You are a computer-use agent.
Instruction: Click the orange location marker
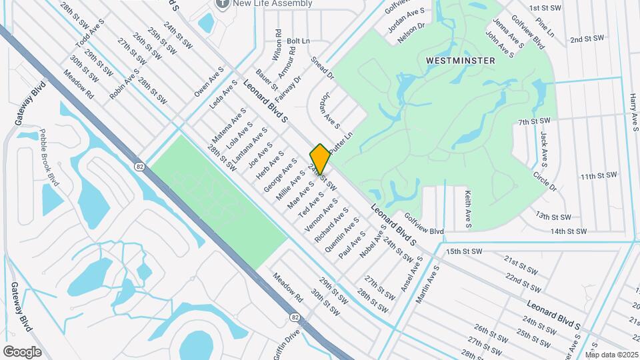pyautogui.click(x=320, y=159)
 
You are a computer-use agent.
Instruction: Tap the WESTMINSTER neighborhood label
pyautogui.click(x=461, y=61)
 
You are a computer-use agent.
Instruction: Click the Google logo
pyautogui.click(x=22, y=351)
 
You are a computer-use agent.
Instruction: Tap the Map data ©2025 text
pyautogui.click(x=611, y=355)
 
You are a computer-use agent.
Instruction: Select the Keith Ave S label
pyautogui.click(x=468, y=209)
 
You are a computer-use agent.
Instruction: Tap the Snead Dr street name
pyautogui.click(x=322, y=69)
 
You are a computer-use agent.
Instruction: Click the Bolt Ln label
pyautogui.click(x=298, y=41)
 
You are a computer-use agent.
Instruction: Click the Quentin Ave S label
pyautogui.click(x=336, y=237)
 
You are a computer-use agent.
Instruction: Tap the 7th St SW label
pyautogui.click(x=535, y=121)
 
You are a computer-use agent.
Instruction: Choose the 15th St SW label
pyautogui.click(x=464, y=251)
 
